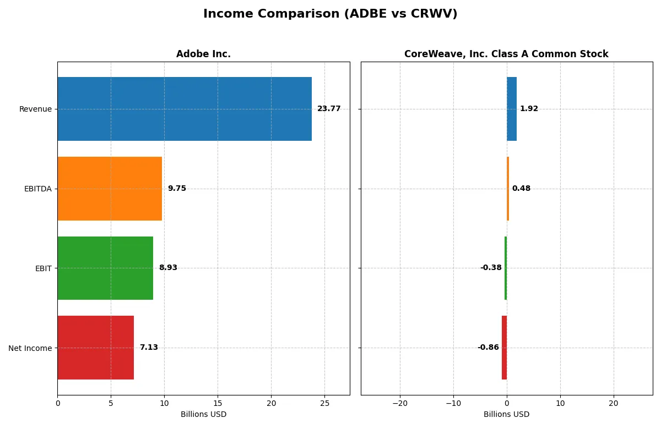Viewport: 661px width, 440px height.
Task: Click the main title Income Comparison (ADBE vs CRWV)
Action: [330, 14]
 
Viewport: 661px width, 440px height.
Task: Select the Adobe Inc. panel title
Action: [203, 54]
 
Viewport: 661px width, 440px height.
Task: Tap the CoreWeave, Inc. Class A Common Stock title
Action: [506, 54]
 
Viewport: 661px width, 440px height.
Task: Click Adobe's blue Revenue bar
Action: [185, 109]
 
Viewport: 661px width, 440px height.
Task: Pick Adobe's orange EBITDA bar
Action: [110, 189]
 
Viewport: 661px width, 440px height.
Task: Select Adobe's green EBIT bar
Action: [105, 268]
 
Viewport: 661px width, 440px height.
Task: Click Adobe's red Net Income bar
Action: [95, 348]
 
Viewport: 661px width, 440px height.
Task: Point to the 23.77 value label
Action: [329, 109]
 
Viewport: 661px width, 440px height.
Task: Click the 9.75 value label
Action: [177, 189]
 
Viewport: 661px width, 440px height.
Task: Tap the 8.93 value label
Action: [168, 268]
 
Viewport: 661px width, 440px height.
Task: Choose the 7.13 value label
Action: [149, 348]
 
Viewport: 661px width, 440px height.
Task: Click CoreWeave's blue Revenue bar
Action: [512, 109]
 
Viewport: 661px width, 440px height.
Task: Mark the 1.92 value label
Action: [529, 109]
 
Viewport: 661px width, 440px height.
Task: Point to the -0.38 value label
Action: [491, 268]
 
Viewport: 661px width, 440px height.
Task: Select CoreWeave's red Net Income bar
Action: [504, 348]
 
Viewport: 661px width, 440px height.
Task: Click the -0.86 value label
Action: [488, 348]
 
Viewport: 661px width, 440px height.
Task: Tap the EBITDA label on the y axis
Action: [37, 189]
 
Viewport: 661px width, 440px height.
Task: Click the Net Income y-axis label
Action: [30, 348]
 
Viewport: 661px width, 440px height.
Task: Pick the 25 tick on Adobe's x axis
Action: [324, 403]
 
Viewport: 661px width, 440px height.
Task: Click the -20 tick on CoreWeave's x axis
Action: [400, 403]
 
